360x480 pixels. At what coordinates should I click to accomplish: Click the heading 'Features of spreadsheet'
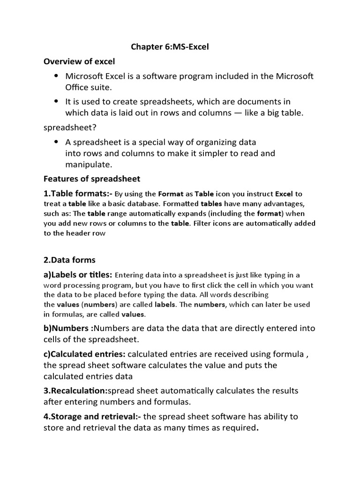92,179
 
